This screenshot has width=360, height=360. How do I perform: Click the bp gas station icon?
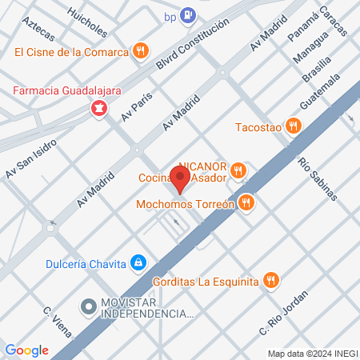click(187, 14)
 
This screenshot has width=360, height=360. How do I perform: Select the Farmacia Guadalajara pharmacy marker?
click(99, 106)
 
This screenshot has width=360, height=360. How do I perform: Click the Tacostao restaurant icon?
click(294, 126)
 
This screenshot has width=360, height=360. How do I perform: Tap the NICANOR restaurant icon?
click(238, 170)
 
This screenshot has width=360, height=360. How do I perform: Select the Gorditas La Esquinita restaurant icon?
click(272, 280)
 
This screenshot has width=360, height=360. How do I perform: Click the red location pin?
click(182, 179)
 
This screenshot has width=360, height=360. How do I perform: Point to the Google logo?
click(26, 350)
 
